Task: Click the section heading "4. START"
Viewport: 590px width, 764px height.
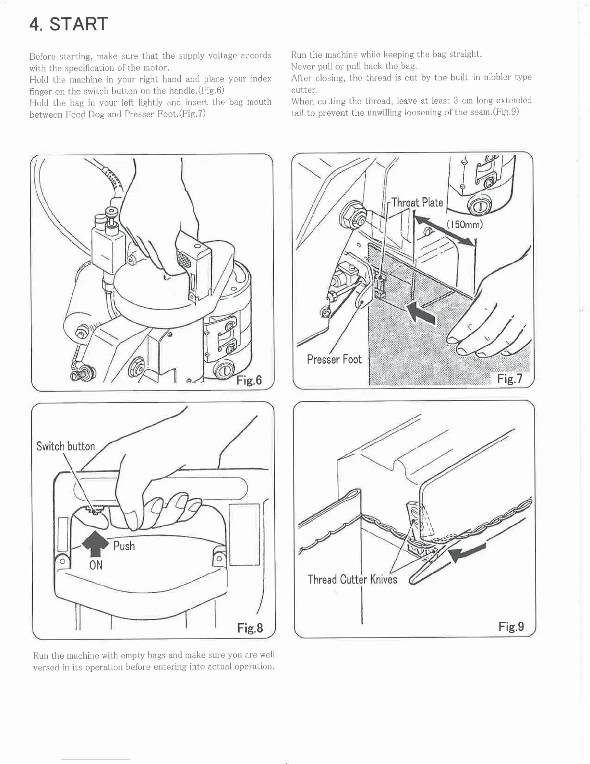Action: tap(68, 24)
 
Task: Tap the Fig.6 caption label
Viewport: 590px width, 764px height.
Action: tap(249, 381)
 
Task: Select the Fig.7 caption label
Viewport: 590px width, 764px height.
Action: tap(510, 379)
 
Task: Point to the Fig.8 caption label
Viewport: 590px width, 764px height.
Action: tap(250, 628)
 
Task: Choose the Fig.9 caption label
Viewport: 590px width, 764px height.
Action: tap(511, 627)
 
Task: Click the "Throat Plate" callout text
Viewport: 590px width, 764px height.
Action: tap(417, 202)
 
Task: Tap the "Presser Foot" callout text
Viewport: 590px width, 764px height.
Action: tap(334, 359)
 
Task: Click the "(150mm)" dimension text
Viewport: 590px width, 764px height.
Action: tap(464, 225)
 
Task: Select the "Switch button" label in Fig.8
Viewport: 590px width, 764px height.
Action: tap(66, 446)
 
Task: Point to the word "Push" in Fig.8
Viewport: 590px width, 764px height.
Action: tap(124, 546)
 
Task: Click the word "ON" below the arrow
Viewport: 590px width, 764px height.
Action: tap(96, 565)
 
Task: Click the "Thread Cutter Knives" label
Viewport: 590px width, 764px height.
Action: tap(352, 579)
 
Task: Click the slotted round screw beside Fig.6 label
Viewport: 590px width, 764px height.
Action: tap(223, 371)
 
